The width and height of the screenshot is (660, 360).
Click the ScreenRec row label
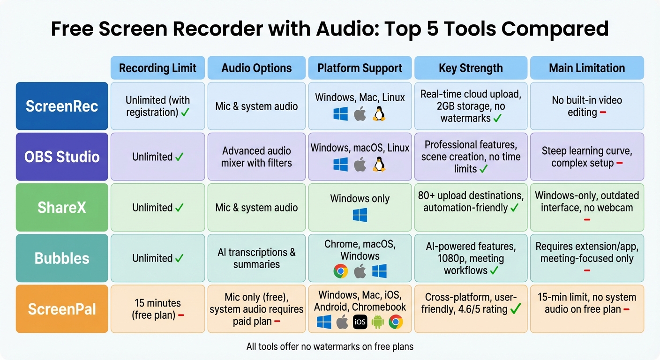(62, 106)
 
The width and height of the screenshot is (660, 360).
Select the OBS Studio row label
(62, 157)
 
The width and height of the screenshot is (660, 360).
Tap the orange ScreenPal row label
(62, 309)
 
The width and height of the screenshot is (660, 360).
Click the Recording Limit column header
(157, 68)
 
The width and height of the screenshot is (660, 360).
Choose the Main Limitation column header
(587, 68)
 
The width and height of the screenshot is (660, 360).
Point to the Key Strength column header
(471, 68)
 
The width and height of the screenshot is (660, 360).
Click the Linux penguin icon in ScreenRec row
(378, 114)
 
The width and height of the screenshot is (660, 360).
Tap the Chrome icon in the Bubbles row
(341, 271)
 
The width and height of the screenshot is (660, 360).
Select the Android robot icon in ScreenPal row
(378, 322)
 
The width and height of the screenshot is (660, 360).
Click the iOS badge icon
(360, 322)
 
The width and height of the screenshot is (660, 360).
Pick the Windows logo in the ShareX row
(360, 215)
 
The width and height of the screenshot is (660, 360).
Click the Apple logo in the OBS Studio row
(360, 165)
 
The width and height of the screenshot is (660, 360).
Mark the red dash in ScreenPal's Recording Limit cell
(181, 315)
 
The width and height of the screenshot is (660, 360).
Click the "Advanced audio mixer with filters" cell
(256, 157)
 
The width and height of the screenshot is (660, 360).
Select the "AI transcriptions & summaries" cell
(256, 258)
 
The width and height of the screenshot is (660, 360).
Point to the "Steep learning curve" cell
(587, 157)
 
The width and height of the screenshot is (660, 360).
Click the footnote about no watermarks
(330, 347)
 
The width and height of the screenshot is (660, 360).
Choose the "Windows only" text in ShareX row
(360, 198)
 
